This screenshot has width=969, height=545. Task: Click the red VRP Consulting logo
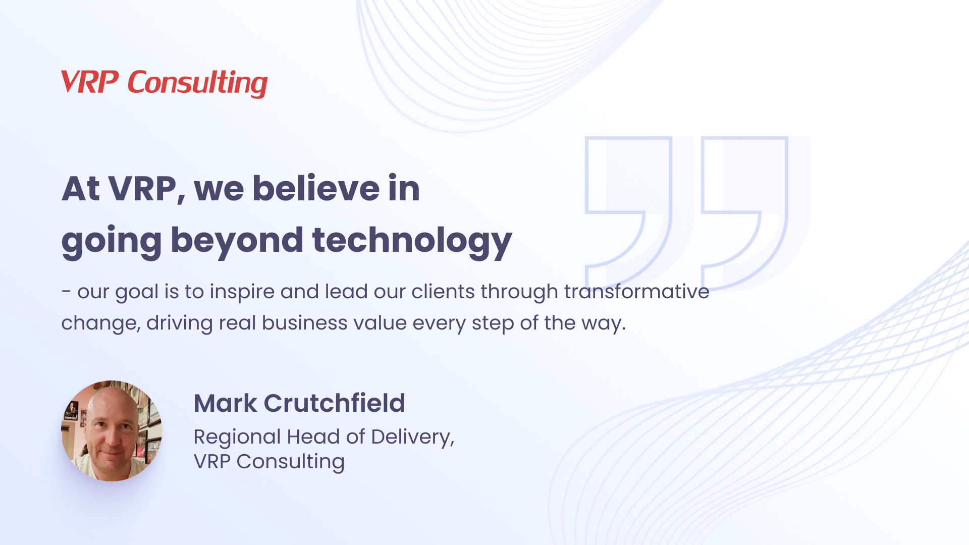[x=164, y=83]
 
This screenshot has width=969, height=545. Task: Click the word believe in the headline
[x=315, y=189]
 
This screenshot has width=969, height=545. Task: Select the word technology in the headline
[x=412, y=240]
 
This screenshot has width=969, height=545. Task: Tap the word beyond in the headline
[x=237, y=240]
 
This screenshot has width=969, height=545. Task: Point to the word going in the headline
[x=112, y=240]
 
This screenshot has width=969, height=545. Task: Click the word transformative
[x=636, y=292]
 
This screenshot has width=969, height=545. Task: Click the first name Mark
[x=225, y=403]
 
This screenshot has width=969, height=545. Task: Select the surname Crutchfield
[x=334, y=403]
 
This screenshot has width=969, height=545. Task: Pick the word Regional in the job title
[x=237, y=437]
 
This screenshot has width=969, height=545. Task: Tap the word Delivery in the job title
[x=412, y=437]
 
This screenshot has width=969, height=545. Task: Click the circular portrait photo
[x=112, y=430]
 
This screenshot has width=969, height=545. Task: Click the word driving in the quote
[x=179, y=323]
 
